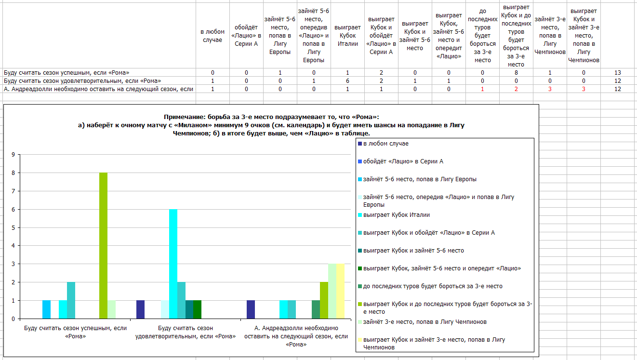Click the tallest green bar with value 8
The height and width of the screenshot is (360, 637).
pos(103,246)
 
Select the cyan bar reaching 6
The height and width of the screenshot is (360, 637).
pos(173,264)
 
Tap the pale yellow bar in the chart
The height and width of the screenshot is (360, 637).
pos(340,291)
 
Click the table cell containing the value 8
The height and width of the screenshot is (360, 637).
pos(516,72)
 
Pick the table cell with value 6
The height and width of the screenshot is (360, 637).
pos(347,81)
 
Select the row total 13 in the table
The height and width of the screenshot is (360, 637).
pos(617,72)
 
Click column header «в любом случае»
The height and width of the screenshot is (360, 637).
pos(212,36)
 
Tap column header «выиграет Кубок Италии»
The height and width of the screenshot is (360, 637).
pos(347,36)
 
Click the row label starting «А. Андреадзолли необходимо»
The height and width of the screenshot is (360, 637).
pos(98,89)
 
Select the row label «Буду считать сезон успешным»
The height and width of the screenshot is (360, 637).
pos(66,72)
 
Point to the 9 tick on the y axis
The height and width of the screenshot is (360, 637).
pos(13,155)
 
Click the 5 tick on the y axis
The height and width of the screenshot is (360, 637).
pos(13,228)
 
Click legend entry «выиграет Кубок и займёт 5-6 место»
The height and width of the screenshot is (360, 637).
pos(413,251)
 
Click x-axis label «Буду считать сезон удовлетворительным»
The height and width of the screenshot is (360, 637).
pos(186,332)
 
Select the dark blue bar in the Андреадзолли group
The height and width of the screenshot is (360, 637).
pos(251,309)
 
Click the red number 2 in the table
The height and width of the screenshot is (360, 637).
pos(516,89)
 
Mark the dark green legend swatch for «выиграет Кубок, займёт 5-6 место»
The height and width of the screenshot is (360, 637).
pos(360,268)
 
